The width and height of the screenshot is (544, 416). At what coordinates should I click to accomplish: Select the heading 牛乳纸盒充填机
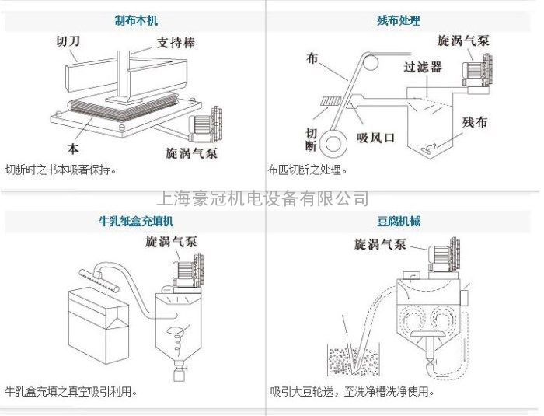coord(134,222)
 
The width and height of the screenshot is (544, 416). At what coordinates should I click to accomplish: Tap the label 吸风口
coord(377,138)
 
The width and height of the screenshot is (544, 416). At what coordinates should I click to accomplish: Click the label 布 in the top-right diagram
coord(312,58)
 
